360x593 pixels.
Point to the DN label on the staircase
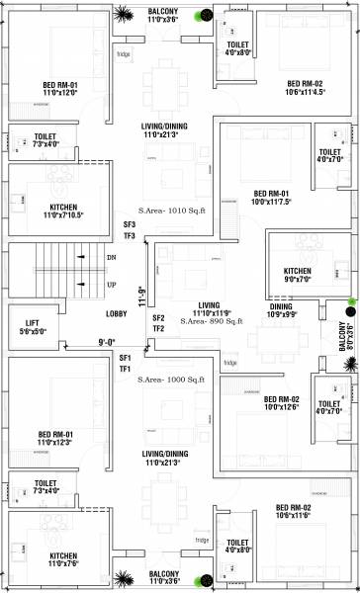click(111, 256)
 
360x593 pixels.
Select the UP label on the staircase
click(111, 283)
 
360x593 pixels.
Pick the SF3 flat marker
click(129, 224)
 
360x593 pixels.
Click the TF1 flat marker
click(125, 368)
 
